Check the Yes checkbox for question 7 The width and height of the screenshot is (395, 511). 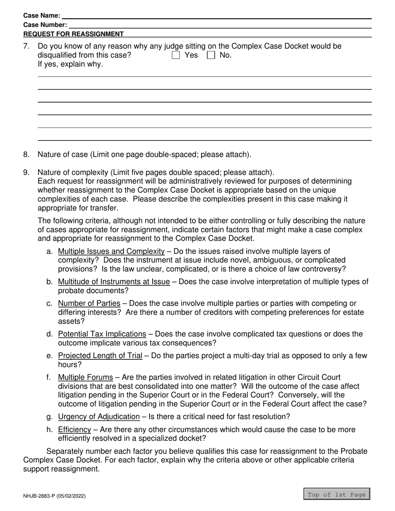(x=176, y=55)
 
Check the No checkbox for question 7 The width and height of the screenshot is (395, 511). (x=211, y=55)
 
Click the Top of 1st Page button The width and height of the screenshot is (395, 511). (x=336, y=494)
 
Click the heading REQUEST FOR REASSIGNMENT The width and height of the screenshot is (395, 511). (x=74, y=34)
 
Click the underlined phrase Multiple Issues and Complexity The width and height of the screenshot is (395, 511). (x=111, y=251)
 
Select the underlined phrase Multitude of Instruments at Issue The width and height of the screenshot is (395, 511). (x=114, y=282)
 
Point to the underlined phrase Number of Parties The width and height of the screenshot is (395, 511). (x=89, y=303)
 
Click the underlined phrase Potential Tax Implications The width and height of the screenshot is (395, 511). (x=102, y=334)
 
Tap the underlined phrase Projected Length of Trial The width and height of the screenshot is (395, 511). (x=100, y=356)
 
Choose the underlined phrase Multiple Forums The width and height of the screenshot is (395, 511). (x=85, y=377)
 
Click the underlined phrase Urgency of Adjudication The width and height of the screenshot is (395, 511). (x=99, y=416)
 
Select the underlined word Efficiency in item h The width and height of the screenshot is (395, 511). (x=74, y=430)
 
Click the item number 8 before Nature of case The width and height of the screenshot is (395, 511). (x=26, y=155)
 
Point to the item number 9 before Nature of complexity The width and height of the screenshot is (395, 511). (x=26, y=172)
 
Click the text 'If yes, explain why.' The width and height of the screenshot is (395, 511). (x=70, y=64)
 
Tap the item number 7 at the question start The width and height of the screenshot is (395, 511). (x=26, y=46)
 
